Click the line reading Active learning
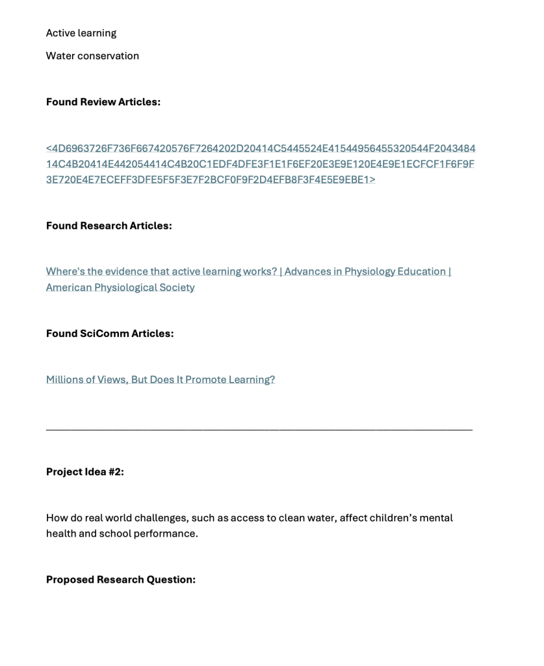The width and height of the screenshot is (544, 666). pos(81,33)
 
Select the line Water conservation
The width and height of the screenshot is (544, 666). pos(92,56)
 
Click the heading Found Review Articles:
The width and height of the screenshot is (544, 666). pos(103,101)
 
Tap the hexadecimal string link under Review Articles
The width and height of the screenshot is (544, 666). pos(260,164)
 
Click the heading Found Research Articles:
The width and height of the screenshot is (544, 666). pos(109,226)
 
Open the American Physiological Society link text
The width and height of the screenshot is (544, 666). pos(120,287)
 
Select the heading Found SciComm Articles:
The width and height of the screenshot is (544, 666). pos(109,334)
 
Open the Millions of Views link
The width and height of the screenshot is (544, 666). pos(160,380)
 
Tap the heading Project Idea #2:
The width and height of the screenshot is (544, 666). pos(84,472)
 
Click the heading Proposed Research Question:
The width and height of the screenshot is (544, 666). pos(120,579)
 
